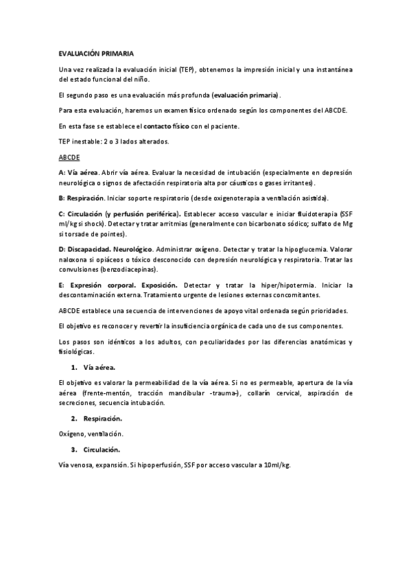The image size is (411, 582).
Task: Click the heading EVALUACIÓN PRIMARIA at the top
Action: point(96,53)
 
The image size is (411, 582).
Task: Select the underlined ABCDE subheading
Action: point(70,157)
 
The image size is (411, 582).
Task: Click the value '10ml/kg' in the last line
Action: point(277,465)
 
